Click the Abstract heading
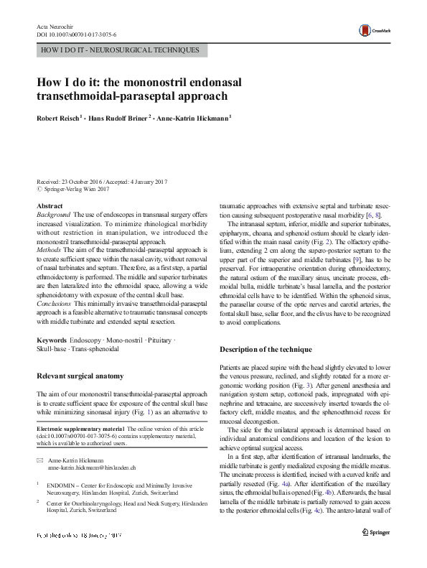(49, 206)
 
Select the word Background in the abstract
(53, 215)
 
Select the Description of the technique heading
(275, 349)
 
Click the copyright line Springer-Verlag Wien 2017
(75, 190)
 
